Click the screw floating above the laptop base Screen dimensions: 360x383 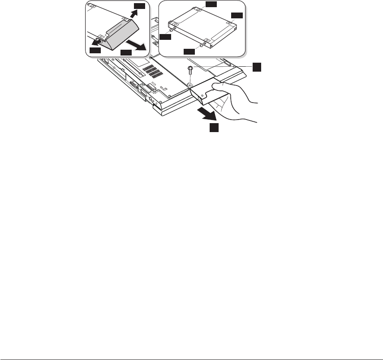pyautogui.click(x=190, y=69)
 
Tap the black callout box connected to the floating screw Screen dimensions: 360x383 pyautogui.click(x=255, y=67)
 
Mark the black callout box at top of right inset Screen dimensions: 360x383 pyautogui.click(x=211, y=4)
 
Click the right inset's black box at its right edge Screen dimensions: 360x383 pyautogui.click(x=237, y=16)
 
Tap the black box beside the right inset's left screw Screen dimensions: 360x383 pyautogui.click(x=166, y=38)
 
